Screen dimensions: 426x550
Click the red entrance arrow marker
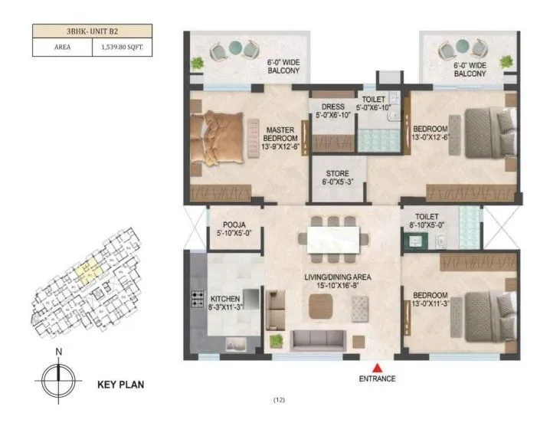click(x=376, y=366)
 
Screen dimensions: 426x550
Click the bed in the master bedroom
click(x=222, y=139)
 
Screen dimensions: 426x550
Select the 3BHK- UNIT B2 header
click(x=92, y=32)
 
